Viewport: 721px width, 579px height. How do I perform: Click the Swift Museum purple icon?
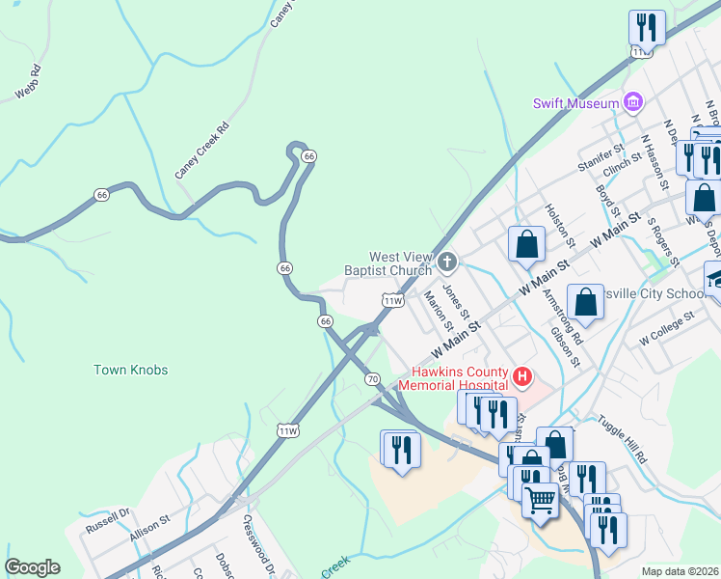(x=633, y=102)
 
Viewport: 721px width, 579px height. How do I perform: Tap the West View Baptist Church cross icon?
(x=447, y=262)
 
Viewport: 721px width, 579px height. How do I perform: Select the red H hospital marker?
(x=522, y=375)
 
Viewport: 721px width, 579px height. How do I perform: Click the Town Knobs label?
(x=131, y=371)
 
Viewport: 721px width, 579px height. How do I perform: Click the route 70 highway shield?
(x=373, y=379)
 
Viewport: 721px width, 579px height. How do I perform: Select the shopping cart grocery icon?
(x=541, y=499)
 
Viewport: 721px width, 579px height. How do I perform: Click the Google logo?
(x=32, y=567)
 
